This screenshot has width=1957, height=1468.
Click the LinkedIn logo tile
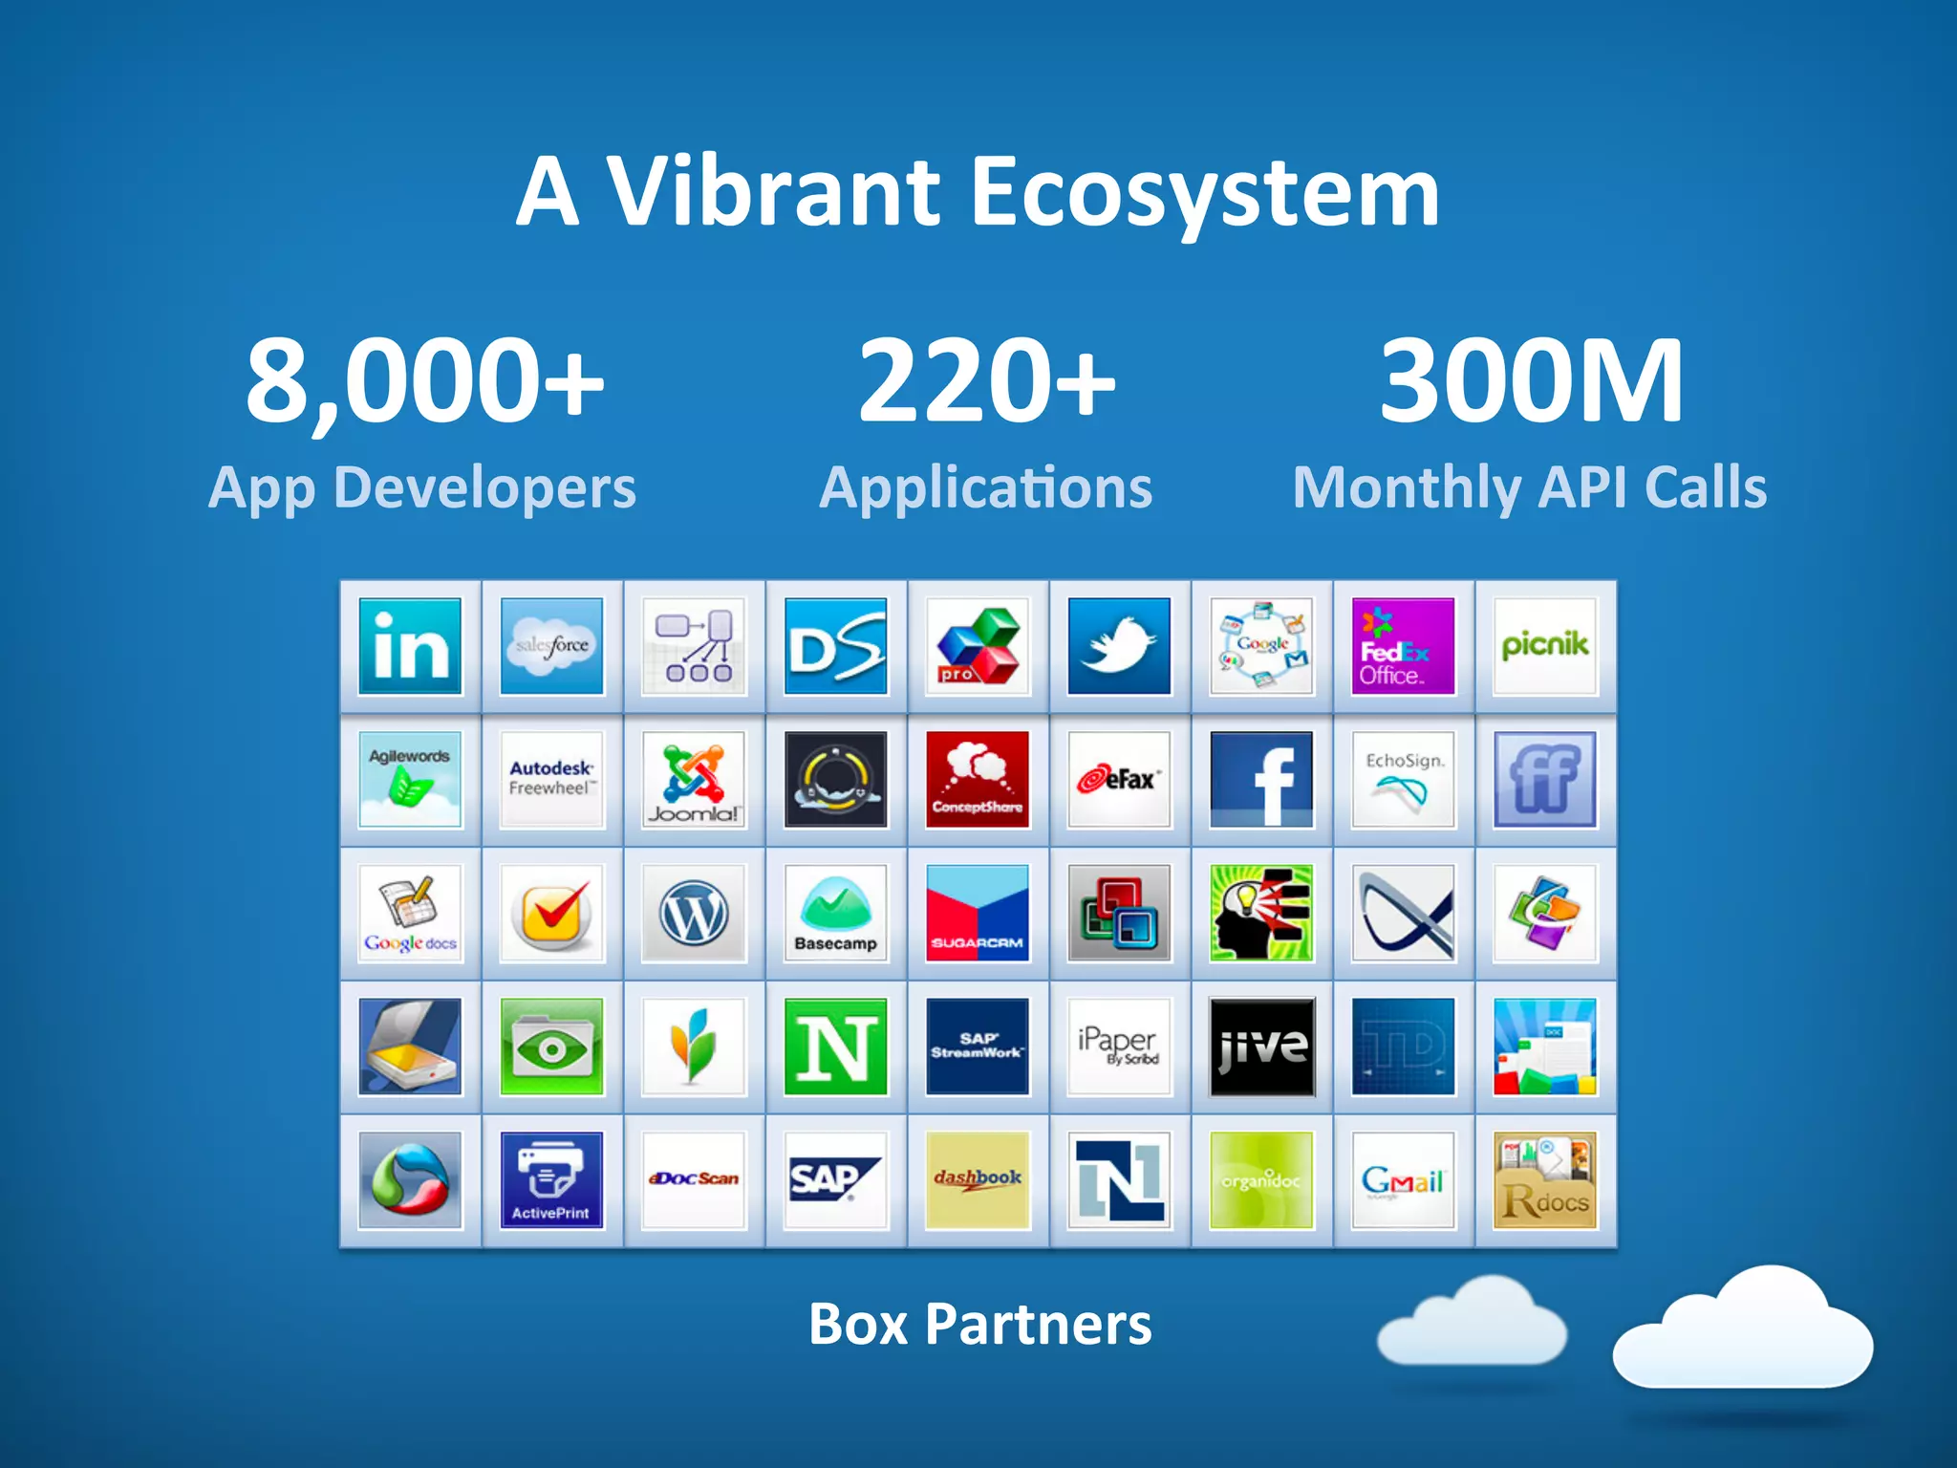click(x=410, y=646)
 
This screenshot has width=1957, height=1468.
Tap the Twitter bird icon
click(x=1119, y=646)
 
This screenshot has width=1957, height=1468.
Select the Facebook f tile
click(x=1261, y=780)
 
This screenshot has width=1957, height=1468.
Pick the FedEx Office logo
click(x=1403, y=646)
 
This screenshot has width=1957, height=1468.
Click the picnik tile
click(x=1544, y=646)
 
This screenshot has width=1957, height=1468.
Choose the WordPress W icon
click(x=694, y=914)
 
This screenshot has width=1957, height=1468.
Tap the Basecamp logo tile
click(x=835, y=914)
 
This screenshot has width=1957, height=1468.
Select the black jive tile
click(x=1261, y=1047)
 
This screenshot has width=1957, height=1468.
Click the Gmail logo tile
click(x=1403, y=1180)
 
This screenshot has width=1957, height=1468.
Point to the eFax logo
click(x=1119, y=780)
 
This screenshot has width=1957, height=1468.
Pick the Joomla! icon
click(x=694, y=780)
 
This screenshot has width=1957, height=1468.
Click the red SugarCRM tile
click(x=978, y=914)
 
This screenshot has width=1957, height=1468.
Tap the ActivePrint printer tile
click(x=551, y=1180)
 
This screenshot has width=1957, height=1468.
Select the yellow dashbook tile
click(x=978, y=1180)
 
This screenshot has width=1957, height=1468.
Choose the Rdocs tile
click(x=1544, y=1180)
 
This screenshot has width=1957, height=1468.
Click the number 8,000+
click(x=424, y=380)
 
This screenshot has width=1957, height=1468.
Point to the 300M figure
click(x=1531, y=380)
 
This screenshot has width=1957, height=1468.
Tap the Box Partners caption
click(x=979, y=1325)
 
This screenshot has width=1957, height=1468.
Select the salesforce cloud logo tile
click(x=551, y=646)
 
